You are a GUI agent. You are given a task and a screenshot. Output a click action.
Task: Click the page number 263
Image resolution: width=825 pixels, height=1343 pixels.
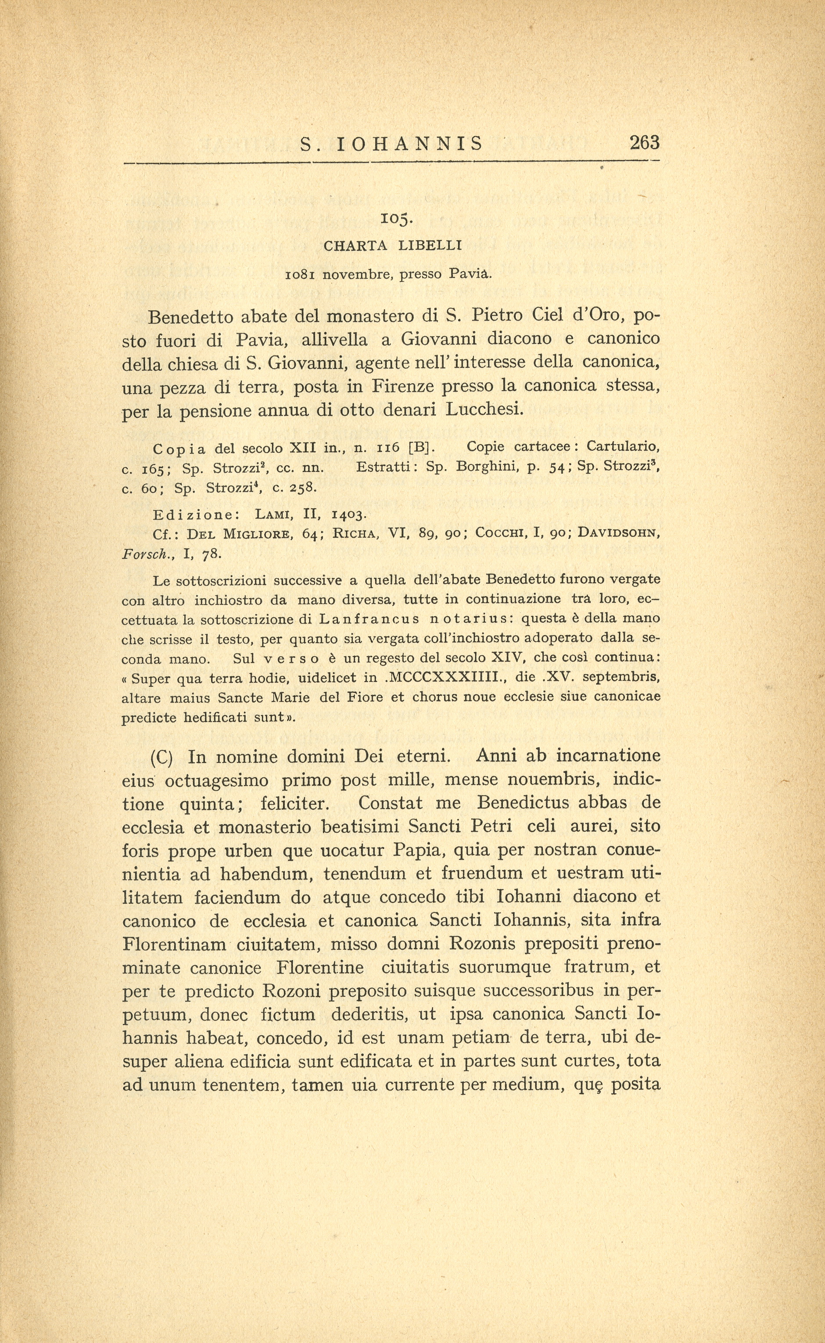pos(644,143)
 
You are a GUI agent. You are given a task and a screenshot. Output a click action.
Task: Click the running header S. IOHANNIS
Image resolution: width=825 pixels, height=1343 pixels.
pos(392,144)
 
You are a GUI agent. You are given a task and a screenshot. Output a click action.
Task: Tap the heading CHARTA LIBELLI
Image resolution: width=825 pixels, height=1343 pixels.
pos(393,246)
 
